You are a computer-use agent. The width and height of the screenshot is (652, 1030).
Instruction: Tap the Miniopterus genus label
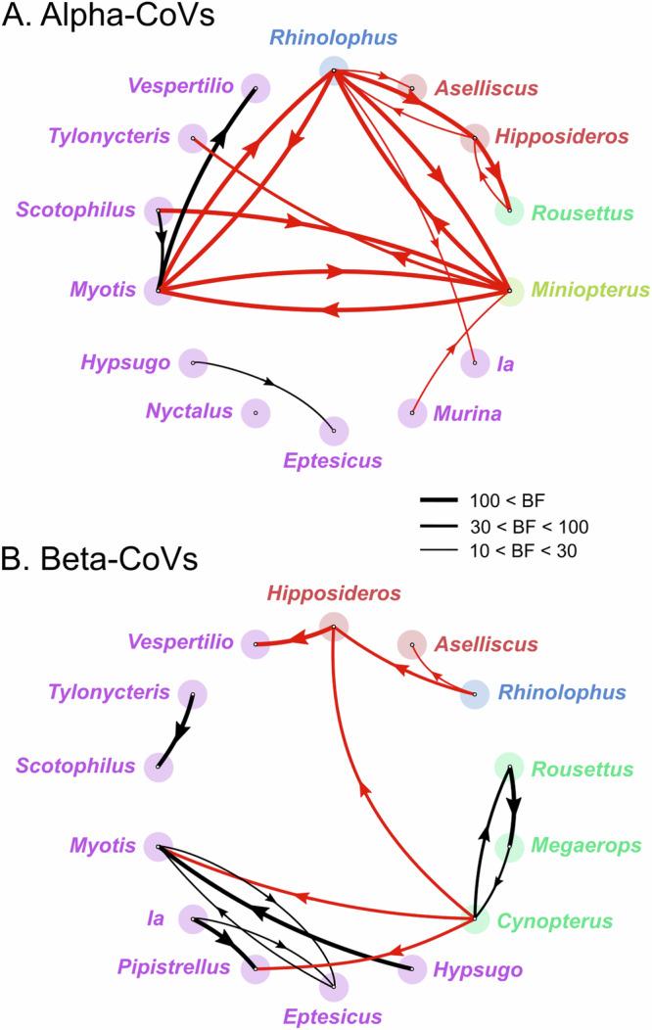[x=592, y=290]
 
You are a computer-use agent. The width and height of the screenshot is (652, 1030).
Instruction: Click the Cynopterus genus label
[x=576, y=921]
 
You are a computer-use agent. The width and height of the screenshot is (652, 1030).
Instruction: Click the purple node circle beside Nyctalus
[x=256, y=413]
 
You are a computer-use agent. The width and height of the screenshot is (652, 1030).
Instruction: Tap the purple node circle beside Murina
[x=412, y=413]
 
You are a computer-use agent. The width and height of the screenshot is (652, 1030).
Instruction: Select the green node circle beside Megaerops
[x=509, y=845]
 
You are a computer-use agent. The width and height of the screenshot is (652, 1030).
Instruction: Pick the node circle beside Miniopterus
[x=510, y=291]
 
